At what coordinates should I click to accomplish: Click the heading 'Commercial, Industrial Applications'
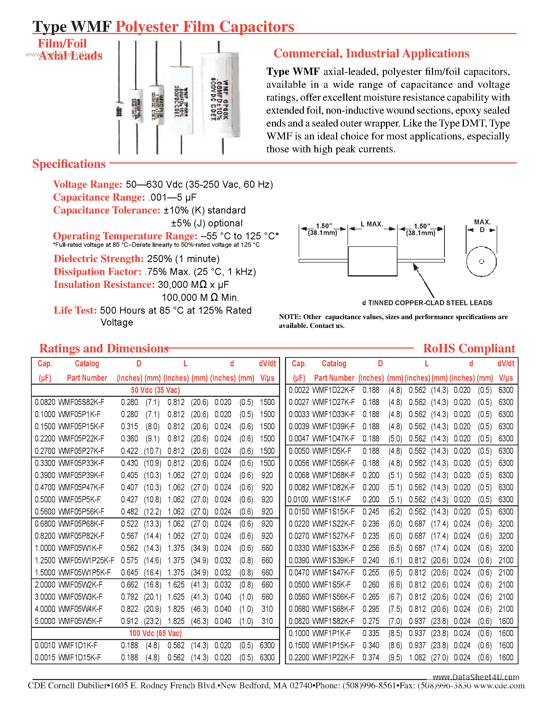[x=371, y=53]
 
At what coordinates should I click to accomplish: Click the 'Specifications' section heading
[x=69, y=164]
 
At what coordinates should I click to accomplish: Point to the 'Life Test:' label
[x=75, y=310]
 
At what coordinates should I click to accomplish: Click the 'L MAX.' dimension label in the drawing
[x=372, y=224]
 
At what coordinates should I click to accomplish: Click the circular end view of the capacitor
[x=481, y=261]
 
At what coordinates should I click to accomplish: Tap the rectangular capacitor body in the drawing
[x=372, y=261]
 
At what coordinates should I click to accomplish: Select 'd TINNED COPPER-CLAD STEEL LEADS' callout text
[x=427, y=303]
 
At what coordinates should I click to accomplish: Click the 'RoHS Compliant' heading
[x=469, y=348]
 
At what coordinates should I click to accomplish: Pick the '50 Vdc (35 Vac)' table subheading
[x=155, y=390]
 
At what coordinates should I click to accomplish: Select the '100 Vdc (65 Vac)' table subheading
[x=155, y=633]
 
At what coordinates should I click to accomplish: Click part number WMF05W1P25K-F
[x=86, y=561]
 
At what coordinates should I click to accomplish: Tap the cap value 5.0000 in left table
[x=45, y=621]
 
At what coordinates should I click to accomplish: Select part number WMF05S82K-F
[x=81, y=402]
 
